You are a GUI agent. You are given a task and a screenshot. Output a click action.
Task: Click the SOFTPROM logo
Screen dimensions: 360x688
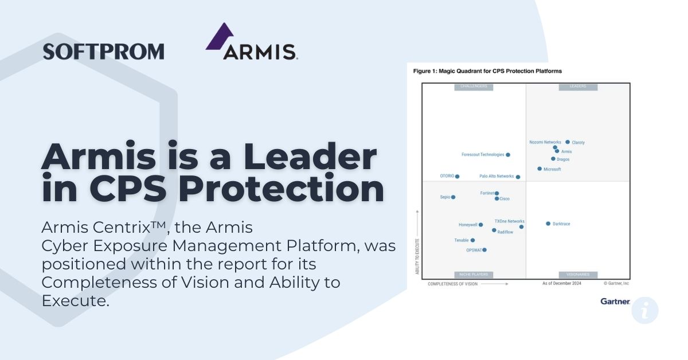103,51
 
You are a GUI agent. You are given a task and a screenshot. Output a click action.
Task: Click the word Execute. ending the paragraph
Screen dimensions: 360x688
75,300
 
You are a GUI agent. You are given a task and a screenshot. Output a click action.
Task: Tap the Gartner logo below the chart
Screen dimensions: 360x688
615,301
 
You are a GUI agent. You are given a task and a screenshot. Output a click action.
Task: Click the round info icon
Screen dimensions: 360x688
645,311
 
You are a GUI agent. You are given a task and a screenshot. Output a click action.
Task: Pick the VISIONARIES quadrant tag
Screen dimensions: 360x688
578,275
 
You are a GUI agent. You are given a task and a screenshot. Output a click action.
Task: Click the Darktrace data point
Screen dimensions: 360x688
548,224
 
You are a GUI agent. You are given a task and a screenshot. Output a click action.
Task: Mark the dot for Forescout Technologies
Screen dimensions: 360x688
508,155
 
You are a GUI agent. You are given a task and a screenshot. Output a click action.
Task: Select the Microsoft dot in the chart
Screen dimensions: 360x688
540,169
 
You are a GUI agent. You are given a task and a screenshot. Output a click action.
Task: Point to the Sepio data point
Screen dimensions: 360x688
453,197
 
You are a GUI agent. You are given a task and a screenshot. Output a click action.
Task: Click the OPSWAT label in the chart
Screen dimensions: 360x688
474,250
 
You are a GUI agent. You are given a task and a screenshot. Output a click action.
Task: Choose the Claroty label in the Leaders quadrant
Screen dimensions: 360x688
578,143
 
